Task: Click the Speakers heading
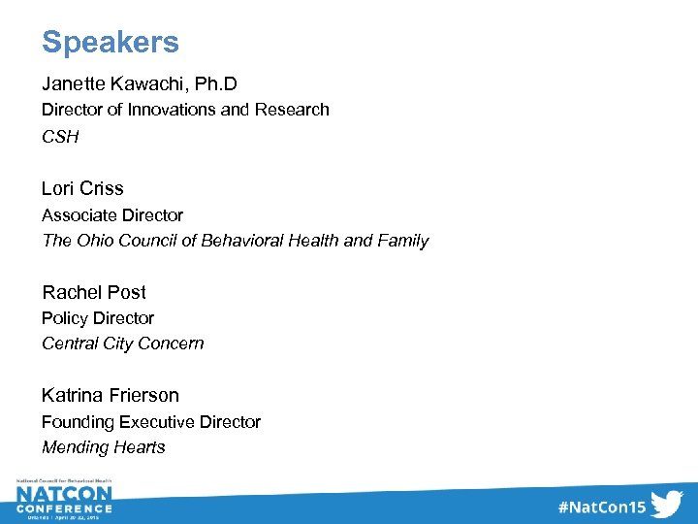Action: coord(110,43)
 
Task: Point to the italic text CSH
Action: coord(60,137)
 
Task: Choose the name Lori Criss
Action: coord(82,188)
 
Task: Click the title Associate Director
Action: coord(111,214)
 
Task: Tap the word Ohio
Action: coord(94,241)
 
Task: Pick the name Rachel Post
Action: coord(93,292)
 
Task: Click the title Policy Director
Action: coord(97,318)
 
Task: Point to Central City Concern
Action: coord(122,344)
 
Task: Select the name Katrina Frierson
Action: coord(110,395)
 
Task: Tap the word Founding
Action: coord(78,422)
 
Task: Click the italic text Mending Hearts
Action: coord(103,447)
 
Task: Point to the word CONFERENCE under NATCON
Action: coord(63,508)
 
